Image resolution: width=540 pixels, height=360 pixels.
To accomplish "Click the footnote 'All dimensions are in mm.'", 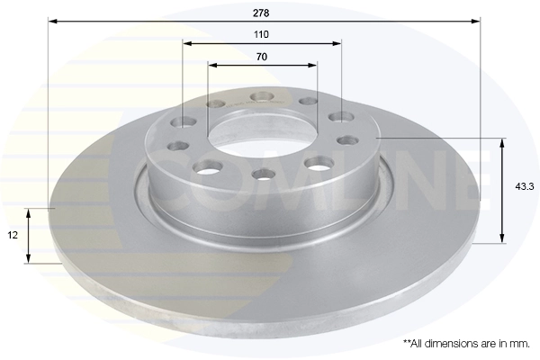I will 467,343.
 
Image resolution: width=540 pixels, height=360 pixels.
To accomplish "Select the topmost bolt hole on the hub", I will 262,95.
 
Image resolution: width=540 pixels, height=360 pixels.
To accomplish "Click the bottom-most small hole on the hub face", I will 262,174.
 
